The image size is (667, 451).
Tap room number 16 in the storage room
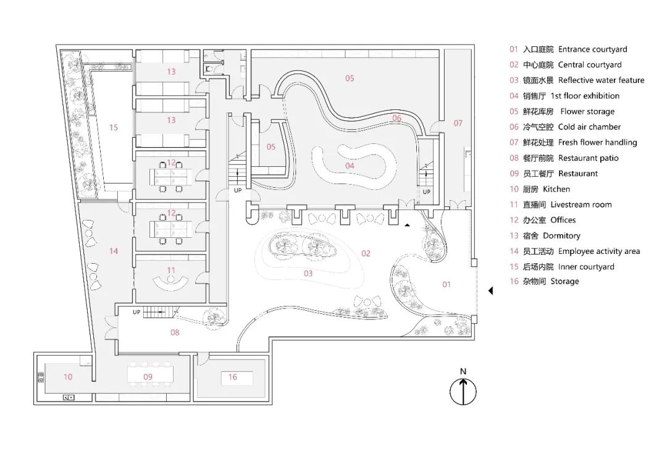coord(233,377)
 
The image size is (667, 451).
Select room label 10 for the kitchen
coord(68,377)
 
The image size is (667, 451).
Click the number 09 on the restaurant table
coord(148,377)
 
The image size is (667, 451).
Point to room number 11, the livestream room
coord(171,270)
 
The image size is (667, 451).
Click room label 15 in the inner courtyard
coord(114,127)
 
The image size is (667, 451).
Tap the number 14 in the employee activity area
coord(114,251)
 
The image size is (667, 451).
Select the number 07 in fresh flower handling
coord(458,124)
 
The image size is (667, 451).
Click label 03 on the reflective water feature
coord(308,274)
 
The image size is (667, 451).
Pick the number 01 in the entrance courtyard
coord(447,284)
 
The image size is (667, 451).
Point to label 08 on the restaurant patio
coord(175,332)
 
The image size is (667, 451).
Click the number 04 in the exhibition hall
coord(350,166)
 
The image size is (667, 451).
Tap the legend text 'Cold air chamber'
coord(589,127)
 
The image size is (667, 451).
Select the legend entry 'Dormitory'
coord(561,236)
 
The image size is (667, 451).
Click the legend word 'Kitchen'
coord(556,189)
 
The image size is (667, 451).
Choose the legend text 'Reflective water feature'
coord(601,80)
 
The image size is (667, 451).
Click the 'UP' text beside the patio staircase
coord(136,312)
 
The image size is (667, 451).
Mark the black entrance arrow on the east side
coord(490,290)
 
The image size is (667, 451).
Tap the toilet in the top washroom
coord(209,69)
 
